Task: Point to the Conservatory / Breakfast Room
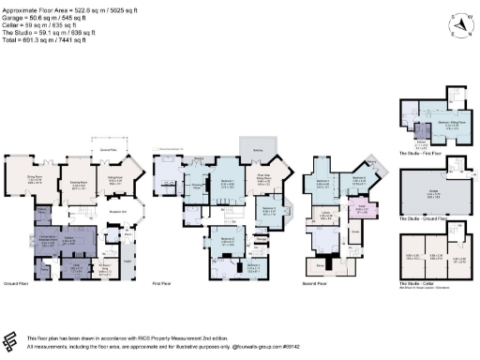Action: pyautogui.click(x=46, y=239)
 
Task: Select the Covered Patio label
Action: pyautogui.click(x=107, y=149)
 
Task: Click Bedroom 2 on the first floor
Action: pyautogui.click(x=227, y=239)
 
